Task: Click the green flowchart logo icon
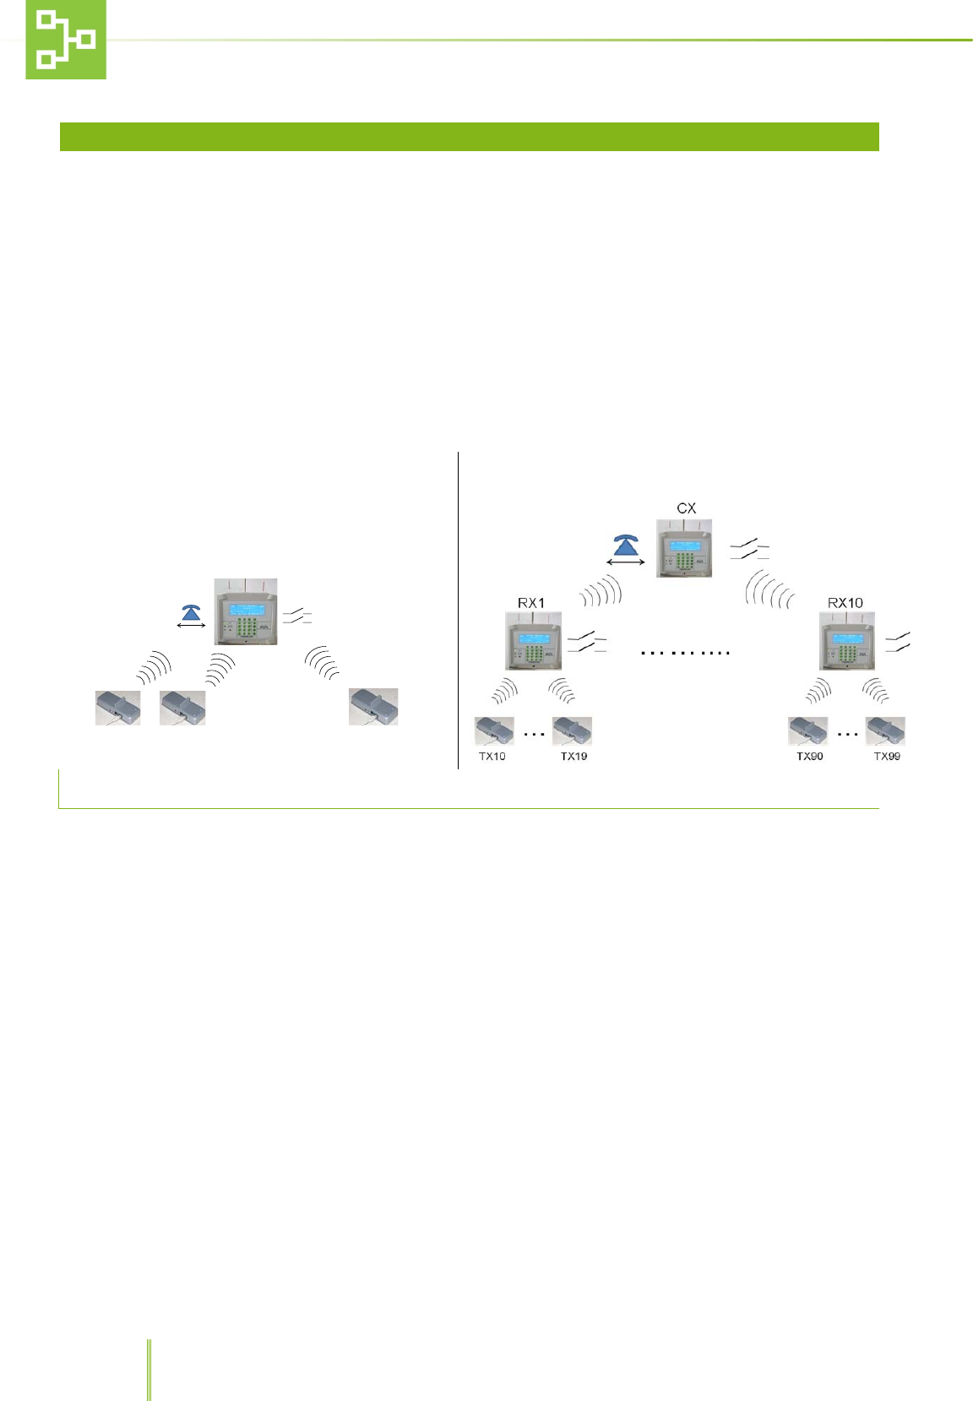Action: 66,40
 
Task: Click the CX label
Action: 687,508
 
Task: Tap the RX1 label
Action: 531,603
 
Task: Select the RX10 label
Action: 845,603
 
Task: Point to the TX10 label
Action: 492,757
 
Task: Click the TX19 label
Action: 573,757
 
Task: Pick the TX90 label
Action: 809,757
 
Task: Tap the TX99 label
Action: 887,757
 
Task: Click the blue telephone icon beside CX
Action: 625,544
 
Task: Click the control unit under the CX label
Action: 684,549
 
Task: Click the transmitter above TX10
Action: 494,730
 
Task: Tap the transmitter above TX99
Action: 885,730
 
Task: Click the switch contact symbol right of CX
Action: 749,551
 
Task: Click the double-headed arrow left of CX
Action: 626,562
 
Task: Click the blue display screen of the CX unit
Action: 684,546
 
